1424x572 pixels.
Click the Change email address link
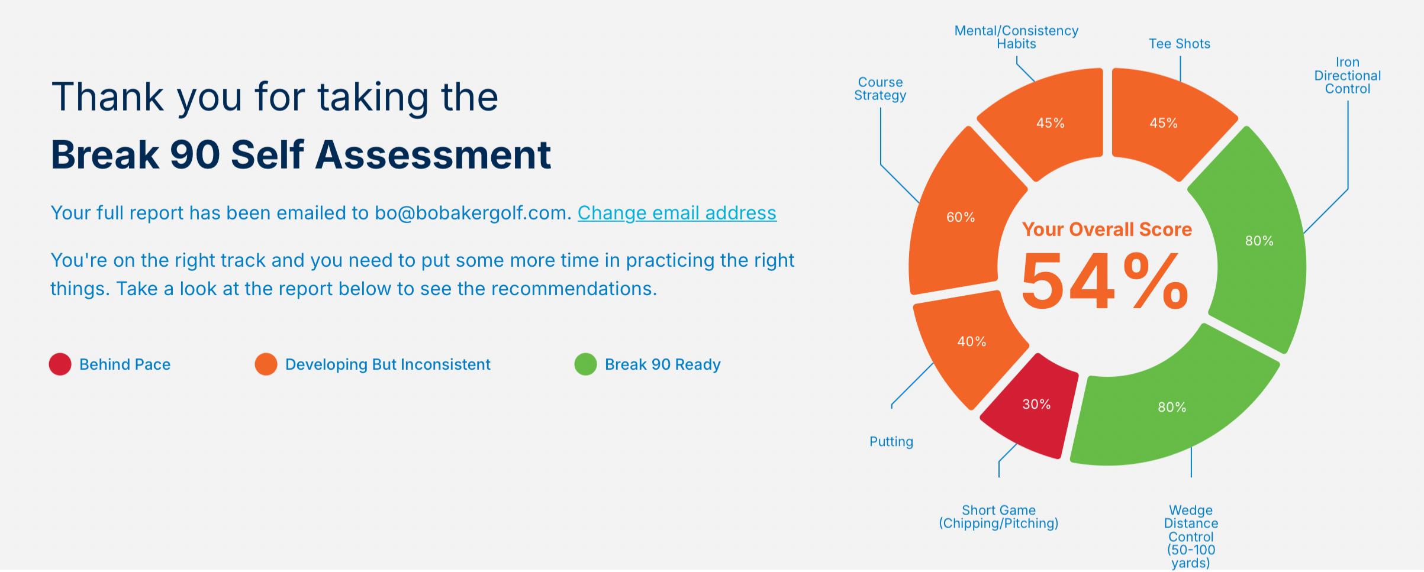(676, 213)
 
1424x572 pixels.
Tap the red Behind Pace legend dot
(60, 364)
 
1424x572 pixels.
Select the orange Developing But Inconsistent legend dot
(266, 364)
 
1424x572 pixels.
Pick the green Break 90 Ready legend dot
(585, 364)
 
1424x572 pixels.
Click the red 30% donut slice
(1033, 408)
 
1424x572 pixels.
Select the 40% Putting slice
(968, 346)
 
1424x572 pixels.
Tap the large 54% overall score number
(1105, 281)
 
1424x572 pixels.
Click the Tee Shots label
(1180, 44)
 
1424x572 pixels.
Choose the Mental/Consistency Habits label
(1016, 37)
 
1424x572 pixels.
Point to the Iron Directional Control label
(1348, 76)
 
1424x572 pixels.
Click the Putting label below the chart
(891, 442)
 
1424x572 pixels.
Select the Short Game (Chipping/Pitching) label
(998, 517)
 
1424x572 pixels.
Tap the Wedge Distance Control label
(1191, 537)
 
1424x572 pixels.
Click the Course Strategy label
(880, 89)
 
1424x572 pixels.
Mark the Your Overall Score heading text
(1107, 230)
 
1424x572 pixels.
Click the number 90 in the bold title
(195, 154)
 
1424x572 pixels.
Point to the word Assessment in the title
(433, 154)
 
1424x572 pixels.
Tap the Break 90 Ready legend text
(663, 364)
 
